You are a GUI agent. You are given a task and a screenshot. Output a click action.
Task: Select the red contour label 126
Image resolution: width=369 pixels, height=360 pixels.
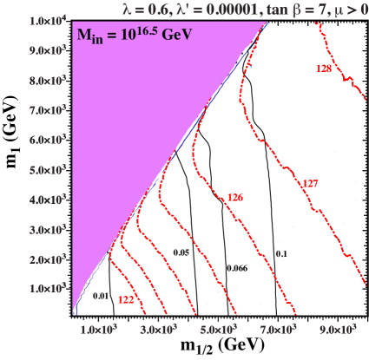click(235, 198)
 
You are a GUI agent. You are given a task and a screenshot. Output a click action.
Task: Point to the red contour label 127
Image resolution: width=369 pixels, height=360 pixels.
click(309, 184)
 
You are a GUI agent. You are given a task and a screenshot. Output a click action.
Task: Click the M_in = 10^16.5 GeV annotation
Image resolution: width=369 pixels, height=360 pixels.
click(132, 36)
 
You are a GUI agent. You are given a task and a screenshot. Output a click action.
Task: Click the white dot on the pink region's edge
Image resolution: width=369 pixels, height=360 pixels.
click(160, 174)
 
